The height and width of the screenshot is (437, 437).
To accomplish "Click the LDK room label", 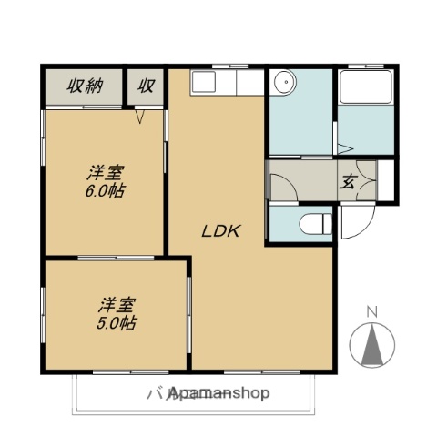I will coord(219,231).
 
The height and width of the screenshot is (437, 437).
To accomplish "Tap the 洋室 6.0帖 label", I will coord(106,181).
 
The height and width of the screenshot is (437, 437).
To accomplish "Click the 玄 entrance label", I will coord(349,181).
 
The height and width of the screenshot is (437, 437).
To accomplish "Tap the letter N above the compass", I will coord(371,312).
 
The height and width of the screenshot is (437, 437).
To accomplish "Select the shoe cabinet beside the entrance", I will coord(387,180).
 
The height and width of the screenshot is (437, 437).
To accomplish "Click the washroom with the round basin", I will coord(300,114).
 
